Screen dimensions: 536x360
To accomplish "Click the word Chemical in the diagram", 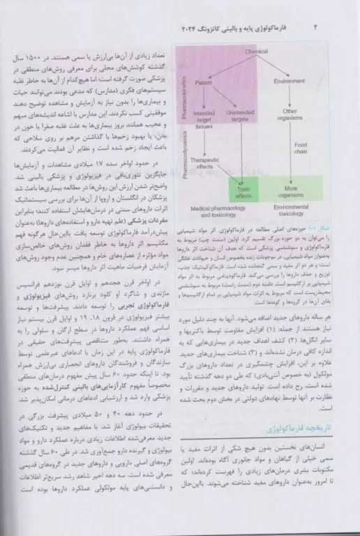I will click(x=257, y=52).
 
